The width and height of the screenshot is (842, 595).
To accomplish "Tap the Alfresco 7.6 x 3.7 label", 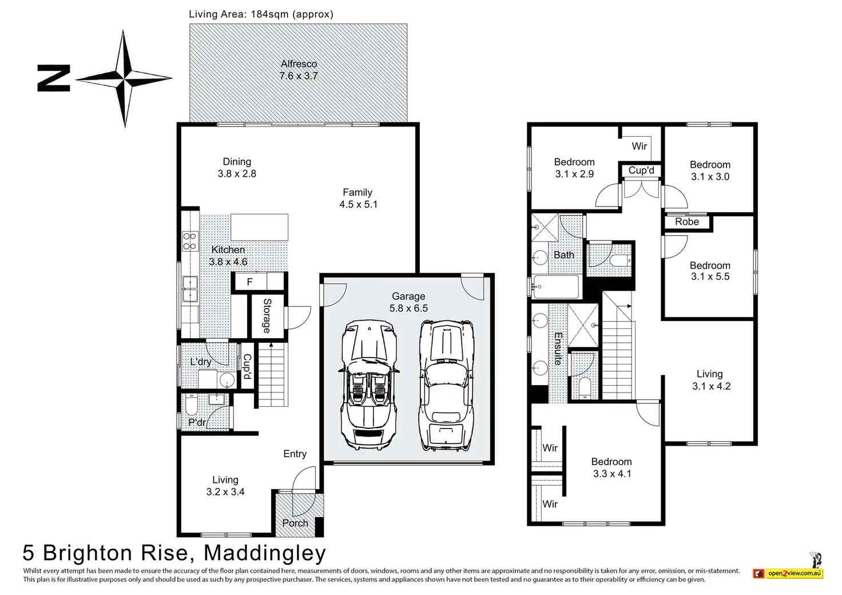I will point(299,70).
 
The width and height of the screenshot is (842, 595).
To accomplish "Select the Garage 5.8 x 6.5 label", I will point(408,302).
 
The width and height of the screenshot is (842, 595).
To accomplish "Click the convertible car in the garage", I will point(368,384).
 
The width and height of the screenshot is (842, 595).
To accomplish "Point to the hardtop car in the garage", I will point(447,384).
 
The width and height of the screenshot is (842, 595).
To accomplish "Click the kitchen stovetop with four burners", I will point(189,241).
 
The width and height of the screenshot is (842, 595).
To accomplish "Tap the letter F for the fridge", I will point(249,282).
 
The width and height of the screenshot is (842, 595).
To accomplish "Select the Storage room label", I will point(267,315).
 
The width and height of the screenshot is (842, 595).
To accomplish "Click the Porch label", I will point(295,523).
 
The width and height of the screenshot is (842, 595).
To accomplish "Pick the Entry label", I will point(295,454).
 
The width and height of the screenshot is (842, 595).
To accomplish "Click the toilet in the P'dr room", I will point(190,407).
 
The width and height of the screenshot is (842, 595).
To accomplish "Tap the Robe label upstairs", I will point(686,222).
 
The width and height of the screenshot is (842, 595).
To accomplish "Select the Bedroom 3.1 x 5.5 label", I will point(709,271).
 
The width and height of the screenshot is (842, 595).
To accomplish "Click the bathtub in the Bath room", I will point(557,286).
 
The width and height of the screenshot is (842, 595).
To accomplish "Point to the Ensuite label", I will point(558,348).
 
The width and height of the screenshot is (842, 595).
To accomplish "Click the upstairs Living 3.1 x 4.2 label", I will point(710,380).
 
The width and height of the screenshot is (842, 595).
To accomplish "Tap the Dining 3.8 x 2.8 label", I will point(237,168).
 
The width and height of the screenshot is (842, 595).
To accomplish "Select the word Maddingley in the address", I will point(265,553).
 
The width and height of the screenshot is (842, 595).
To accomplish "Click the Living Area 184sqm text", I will point(261,14).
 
